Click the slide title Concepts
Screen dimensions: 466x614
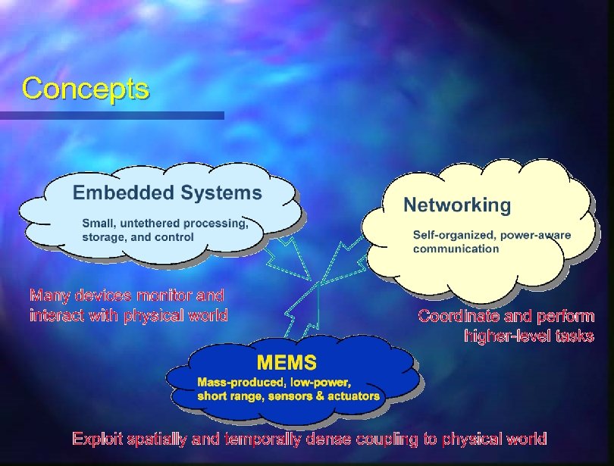86,89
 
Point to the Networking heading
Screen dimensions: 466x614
457,205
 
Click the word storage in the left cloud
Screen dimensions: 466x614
104,236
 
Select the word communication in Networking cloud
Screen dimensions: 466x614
456,248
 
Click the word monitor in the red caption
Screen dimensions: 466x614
155,295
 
